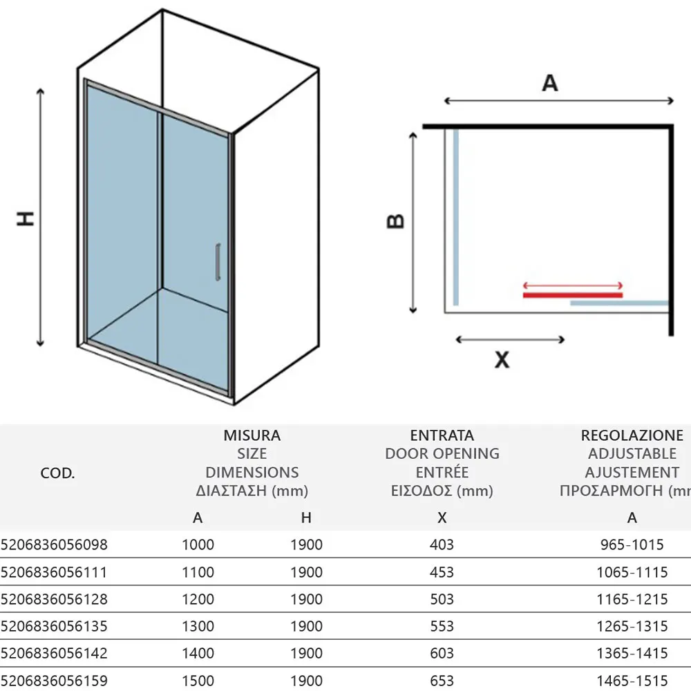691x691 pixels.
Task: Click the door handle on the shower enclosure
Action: (x=218, y=262)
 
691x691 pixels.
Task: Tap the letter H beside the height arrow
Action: (x=26, y=218)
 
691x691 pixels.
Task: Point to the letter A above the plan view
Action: (x=550, y=83)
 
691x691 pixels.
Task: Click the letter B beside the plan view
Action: (x=395, y=221)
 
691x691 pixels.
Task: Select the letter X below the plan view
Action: (x=502, y=359)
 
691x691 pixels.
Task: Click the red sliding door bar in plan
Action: (x=573, y=295)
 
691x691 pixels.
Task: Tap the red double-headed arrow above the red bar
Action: (x=573, y=285)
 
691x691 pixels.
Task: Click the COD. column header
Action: (x=57, y=473)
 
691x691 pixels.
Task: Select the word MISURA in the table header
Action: (x=252, y=435)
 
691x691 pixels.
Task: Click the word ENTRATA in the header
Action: (x=442, y=435)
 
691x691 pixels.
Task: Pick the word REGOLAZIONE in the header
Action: (x=632, y=435)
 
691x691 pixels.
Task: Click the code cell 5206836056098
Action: (x=54, y=545)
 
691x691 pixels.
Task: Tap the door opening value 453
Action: (x=442, y=572)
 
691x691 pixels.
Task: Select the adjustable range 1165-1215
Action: (x=632, y=599)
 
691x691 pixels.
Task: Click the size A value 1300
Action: (x=198, y=626)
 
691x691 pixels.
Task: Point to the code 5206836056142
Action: (x=54, y=653)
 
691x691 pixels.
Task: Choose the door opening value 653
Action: (x=442, y=681)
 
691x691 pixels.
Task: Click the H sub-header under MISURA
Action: (x=306, y=518)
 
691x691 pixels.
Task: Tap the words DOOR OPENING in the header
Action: (x=442, y=453)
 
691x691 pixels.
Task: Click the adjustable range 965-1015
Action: (x=632, y=545)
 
